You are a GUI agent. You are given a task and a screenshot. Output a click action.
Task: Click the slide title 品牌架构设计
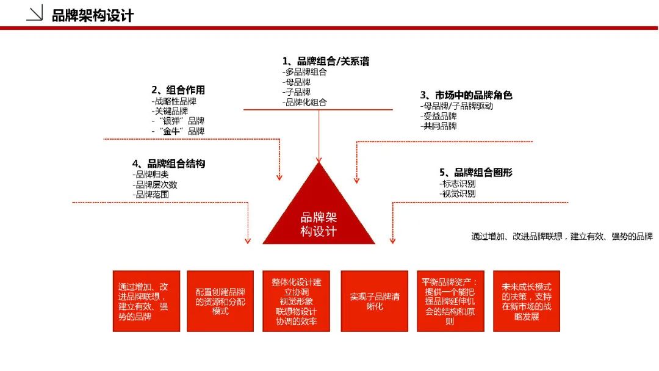coord(93,16)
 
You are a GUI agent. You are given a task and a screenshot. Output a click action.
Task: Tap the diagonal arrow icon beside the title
coord(34,13)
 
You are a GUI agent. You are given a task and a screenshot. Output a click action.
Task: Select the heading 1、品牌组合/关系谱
coord(326,62)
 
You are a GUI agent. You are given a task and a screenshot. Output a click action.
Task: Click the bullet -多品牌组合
coord(304,72)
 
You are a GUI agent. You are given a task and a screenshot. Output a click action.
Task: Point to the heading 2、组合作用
coord(178,90)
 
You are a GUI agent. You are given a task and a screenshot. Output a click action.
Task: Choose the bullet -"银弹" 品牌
coord(178,121)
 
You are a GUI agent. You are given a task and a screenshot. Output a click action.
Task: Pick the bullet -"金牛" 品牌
coord(178,131)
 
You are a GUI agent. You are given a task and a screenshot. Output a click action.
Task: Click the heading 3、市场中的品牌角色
coord(466,95)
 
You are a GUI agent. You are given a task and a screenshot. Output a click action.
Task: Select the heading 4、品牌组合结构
coord(168,164)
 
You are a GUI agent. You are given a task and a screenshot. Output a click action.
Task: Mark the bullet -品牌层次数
coord(154,185)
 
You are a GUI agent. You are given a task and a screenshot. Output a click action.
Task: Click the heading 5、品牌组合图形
coord(476,172)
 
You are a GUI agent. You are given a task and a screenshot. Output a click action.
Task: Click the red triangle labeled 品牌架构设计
coord(319,214)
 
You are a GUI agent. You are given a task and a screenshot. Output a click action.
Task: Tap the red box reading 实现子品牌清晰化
coord(375,301)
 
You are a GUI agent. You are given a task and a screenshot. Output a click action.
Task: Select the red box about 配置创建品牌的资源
coord(220,301)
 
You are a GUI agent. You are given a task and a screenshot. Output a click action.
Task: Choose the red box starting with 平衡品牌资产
coord(450,301)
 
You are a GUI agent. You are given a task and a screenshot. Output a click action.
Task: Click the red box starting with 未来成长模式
coord(527,301)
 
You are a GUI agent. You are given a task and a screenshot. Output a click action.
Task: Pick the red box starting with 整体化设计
coord(297,301)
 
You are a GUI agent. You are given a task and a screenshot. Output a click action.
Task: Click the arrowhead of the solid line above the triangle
coord(319,160)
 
